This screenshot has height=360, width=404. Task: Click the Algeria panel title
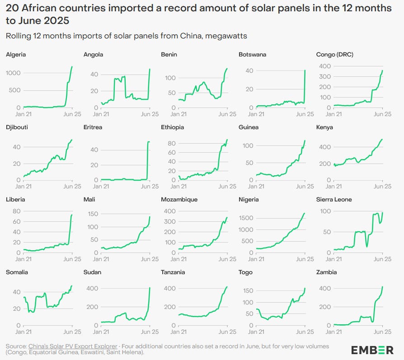click(16, 55)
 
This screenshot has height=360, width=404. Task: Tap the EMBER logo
click(372, 350)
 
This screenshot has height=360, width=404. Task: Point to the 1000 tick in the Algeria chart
click(13, 73)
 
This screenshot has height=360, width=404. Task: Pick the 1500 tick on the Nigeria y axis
click(245, 218)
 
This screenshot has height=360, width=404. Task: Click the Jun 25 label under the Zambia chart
click(382, 331)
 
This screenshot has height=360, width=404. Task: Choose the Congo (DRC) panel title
click(335, 55)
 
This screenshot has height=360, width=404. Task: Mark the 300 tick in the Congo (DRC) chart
click(324, 76)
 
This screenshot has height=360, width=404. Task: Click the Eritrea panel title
click(93, 127)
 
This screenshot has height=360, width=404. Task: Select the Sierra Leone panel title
click(334, 200)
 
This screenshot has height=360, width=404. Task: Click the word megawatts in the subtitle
click(230, 36)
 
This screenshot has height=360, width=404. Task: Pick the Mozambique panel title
click(179, 200)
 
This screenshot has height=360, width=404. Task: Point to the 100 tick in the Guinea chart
click(247, 146)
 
